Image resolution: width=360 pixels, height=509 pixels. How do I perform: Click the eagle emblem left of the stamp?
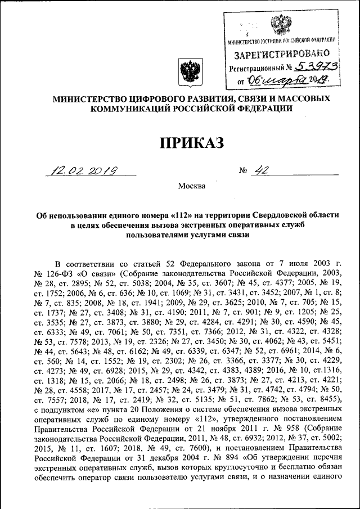coord(187,73)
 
